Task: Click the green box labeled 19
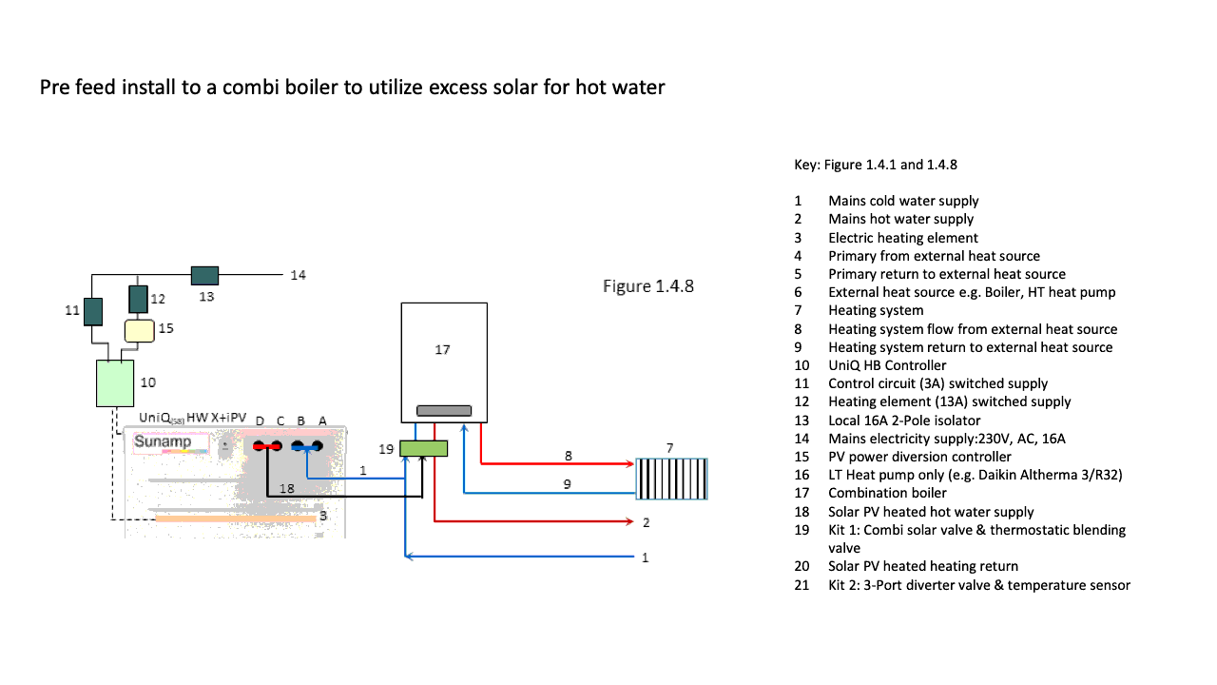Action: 423,448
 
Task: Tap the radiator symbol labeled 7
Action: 672,479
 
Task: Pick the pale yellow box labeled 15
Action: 139,330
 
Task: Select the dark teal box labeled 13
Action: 204,275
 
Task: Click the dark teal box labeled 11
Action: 92,311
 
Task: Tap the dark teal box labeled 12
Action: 138,299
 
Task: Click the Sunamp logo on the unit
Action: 163,441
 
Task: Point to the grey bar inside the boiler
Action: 444,410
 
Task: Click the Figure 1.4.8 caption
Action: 648,285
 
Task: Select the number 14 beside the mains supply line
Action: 299,275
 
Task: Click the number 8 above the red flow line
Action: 569,456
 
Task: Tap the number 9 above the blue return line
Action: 569,483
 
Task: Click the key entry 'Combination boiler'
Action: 887,493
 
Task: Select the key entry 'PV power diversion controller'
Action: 919,457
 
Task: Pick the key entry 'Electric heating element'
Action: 902,238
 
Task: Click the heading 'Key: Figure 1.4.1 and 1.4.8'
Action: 875,165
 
